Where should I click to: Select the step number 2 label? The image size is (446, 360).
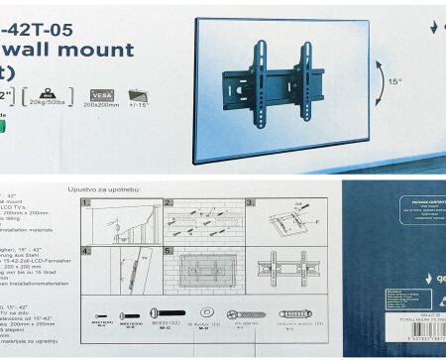(169, 202)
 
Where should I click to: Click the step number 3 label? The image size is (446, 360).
(250, 202)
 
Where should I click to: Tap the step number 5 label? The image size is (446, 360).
(169, 251)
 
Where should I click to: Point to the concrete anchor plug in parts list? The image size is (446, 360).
(294, 315)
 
